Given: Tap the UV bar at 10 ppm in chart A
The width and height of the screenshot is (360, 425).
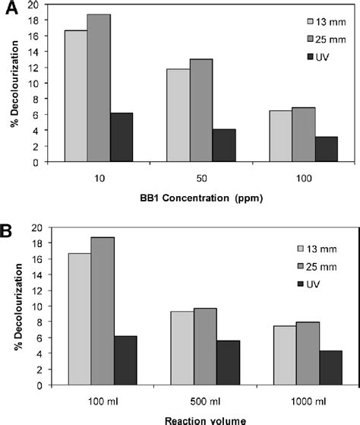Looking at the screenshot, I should click(122, 137).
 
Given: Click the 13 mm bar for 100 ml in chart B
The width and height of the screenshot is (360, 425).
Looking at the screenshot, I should click(74, 319).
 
